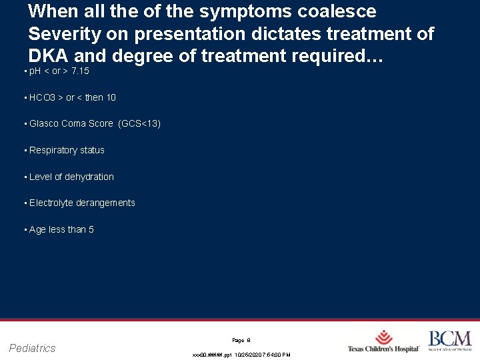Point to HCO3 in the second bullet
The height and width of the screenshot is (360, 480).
click(x=43, y=97)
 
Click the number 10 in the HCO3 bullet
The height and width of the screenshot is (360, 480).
click(x=111, y=97)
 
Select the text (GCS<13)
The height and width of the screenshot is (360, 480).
click(x=139, y=123)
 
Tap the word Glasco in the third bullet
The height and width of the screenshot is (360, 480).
click(x=44, y=123)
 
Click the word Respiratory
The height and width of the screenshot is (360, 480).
click(x=53, y=150)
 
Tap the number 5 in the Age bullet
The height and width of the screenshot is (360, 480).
click(x=91, y=229)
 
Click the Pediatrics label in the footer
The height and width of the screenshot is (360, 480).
click(x=33, y=348)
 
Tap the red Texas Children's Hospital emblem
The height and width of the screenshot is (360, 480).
click(x=384, y=337)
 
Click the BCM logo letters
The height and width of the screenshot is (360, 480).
click(x=449, y=338)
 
